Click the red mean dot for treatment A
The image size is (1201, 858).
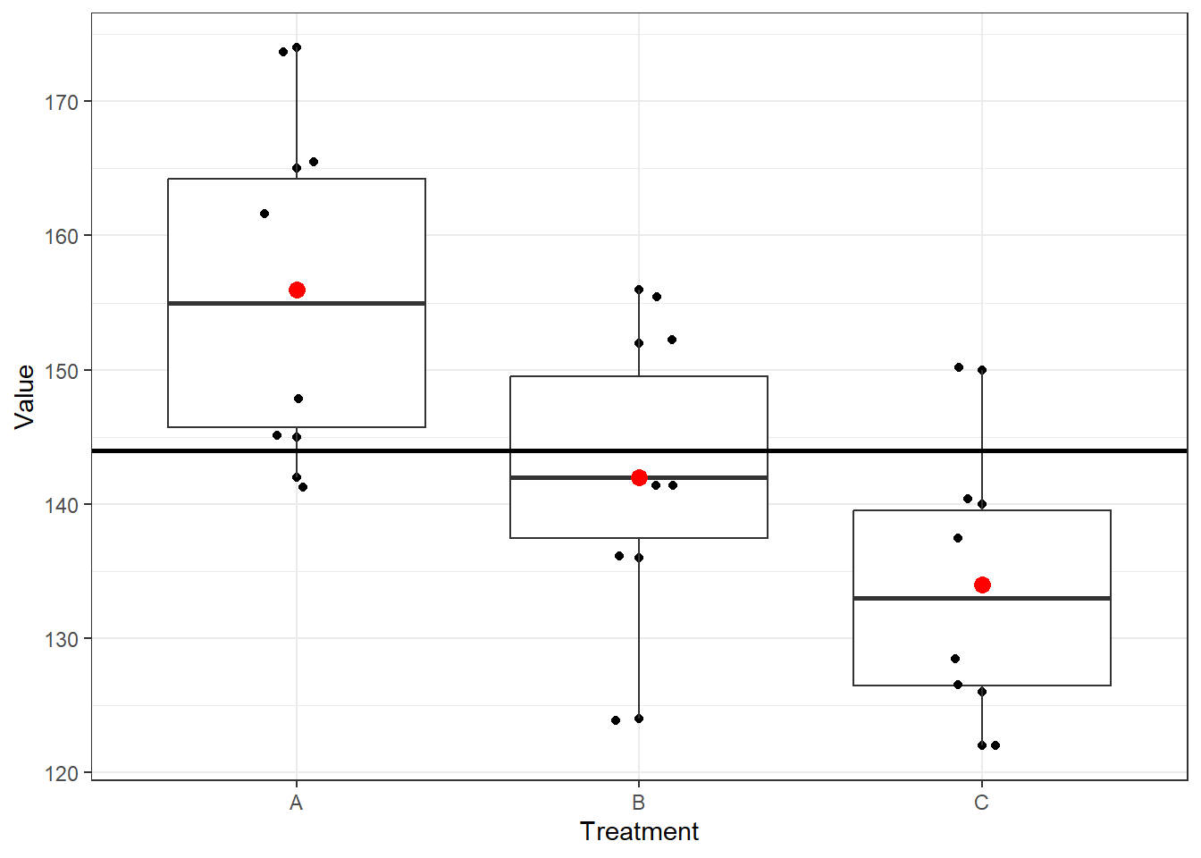point(297,290)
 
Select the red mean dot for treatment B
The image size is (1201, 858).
point(639,478)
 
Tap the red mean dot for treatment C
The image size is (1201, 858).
point(982,585)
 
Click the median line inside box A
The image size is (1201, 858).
point(232,304)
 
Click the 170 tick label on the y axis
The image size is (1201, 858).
point(62,103)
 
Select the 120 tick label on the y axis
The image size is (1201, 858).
point(62,774)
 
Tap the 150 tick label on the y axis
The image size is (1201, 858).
point(62,371)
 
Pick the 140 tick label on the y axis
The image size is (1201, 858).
point(62,505)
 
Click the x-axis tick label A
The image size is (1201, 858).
point(297,803)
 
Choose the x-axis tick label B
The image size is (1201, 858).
point(639,803)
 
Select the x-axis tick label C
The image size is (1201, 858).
point(981,803)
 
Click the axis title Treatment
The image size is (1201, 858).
point(639,832)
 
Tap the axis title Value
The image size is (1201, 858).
point(25,397)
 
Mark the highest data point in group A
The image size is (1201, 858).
point(297,47)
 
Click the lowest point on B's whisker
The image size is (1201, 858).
point(639,719)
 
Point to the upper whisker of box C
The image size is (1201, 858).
point(982,438)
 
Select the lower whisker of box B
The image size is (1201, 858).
point(639,626)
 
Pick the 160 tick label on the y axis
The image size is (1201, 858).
point(62,237)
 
